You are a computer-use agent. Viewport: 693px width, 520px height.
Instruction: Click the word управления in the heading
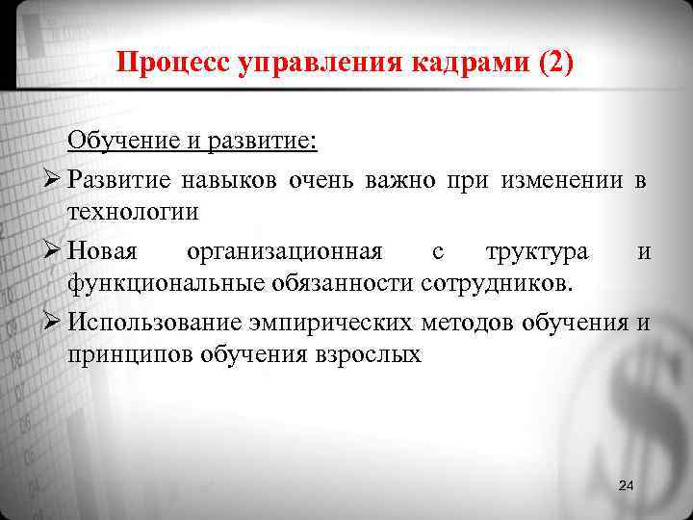(322, 64)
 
